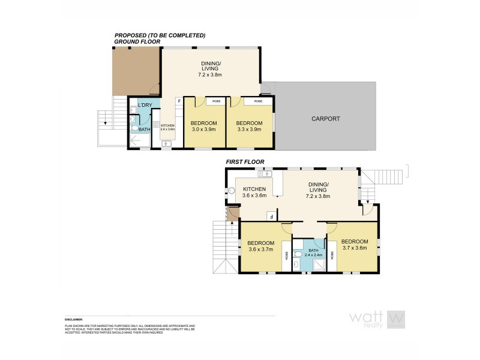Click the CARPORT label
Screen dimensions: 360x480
tap(326, 119)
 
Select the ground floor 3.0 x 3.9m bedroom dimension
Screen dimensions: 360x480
tap(203, 130)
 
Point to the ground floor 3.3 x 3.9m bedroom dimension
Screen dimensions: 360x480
tap(249, 130)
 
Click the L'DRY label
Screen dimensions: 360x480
tap(145, 106)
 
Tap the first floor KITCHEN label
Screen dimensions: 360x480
tap(254, 188)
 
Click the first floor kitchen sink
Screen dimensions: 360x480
tap(265, 175)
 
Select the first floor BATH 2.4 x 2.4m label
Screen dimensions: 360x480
tap(313, 255)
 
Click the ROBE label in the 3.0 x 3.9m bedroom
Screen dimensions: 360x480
tap(213, 101)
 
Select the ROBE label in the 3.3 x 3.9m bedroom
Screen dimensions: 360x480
tap(258, 101)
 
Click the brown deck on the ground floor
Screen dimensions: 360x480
tap(136, 71)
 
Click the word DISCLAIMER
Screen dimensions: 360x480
tap(73, 319)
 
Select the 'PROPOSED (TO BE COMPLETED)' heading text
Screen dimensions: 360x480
tap(160, 36)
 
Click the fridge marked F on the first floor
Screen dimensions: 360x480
tap(271, 217)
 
